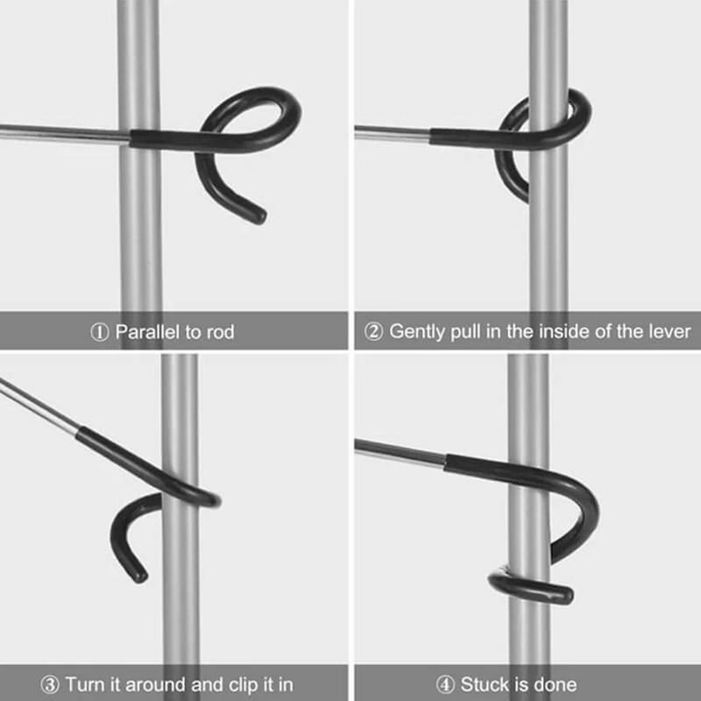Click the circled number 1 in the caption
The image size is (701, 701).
coord(101,333)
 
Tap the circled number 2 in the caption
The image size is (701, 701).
coord(374,333)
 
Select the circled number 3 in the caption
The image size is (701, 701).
coord(51,683)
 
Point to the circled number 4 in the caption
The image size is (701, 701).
coord(421,683)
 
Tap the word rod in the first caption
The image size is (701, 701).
coord(220,333)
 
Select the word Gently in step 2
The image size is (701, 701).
coord(416,333)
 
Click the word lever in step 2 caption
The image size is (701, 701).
coord(669,333)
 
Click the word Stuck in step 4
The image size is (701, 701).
coord(460,683)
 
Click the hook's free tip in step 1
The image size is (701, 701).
coord(258,215)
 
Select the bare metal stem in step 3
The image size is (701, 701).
coord(39,408)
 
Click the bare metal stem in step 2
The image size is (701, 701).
coord(390,131)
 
